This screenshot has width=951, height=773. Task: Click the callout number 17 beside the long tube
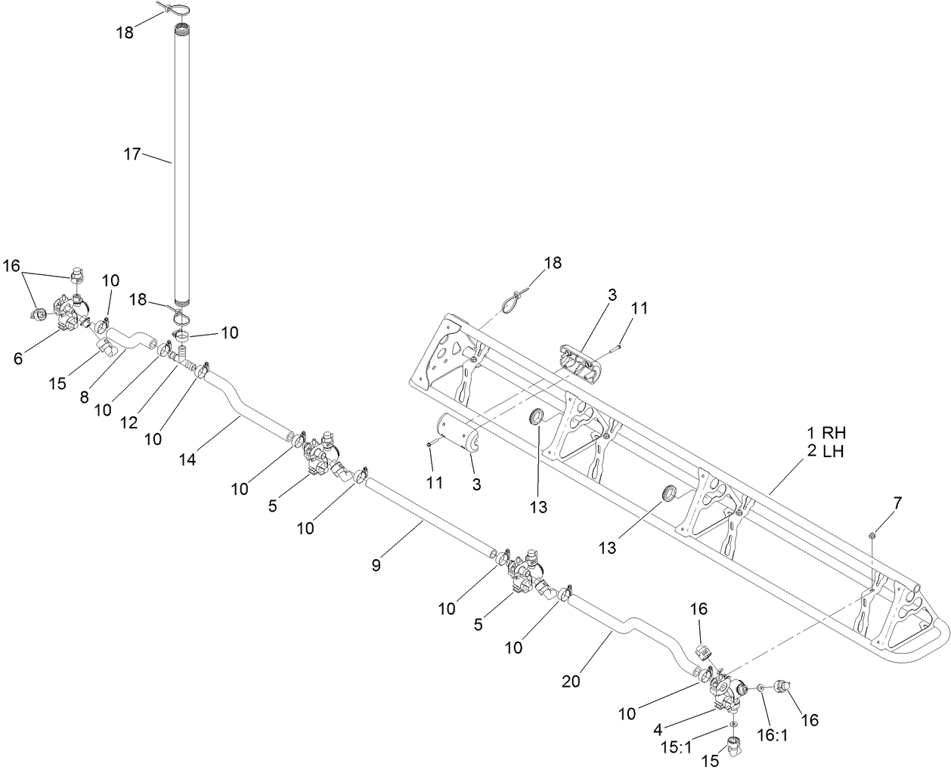tap(132, 154)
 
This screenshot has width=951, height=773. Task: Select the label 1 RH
tap(825, 434)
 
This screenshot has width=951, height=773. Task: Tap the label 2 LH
tap(825, 452)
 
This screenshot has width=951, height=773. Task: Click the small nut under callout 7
tap(872, 535)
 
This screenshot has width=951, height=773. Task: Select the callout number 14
tap(187, 459)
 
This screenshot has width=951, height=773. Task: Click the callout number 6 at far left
tap(17, 359)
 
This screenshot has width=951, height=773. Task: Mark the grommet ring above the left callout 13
tap(537, 416)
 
